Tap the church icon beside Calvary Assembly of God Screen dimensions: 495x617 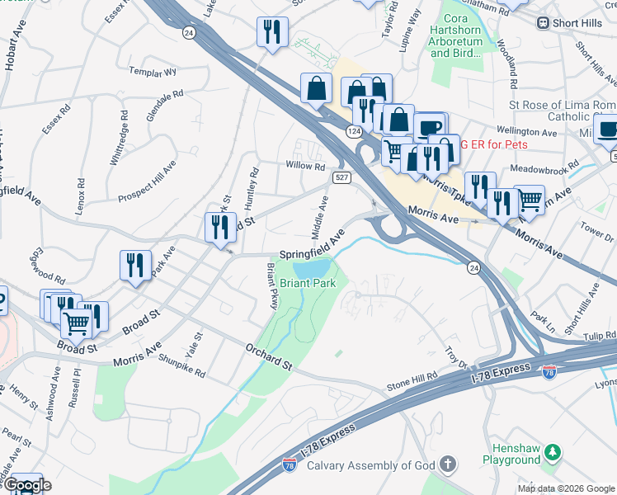(448, 464)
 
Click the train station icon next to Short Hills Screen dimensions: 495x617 (543, 23)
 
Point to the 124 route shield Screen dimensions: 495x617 (354, 131)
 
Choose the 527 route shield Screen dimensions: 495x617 (342, 177)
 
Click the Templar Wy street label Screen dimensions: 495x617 (158, 72)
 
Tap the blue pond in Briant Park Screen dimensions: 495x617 (313, 268)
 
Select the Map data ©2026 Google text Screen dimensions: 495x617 (566, 488)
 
